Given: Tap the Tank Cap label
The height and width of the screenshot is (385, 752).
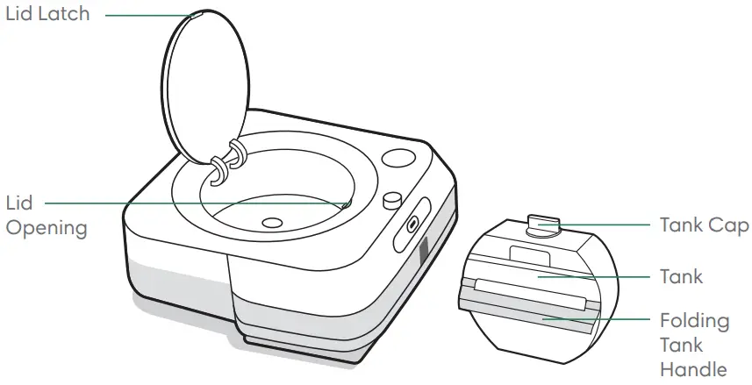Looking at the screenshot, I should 705,225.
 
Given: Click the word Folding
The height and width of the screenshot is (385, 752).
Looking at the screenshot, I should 695,320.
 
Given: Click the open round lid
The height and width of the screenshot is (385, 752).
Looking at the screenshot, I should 206,88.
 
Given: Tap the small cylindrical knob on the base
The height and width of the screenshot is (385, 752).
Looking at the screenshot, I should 390,199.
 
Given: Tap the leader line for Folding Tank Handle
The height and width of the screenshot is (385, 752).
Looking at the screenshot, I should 605,320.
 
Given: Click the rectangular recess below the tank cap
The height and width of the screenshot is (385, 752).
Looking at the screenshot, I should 529,257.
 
